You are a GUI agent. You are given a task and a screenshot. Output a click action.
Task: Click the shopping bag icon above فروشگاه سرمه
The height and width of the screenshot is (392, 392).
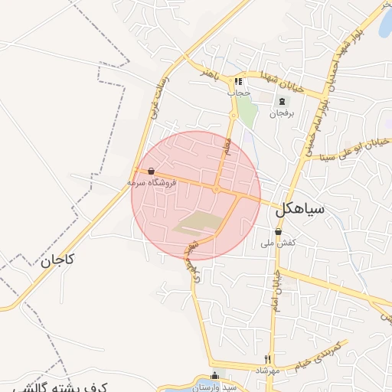[x=151, y=171]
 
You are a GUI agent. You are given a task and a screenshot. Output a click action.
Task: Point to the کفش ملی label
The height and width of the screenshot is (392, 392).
[x=278, y=243]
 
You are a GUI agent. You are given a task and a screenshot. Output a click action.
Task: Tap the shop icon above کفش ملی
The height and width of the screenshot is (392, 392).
[x=278, y=230]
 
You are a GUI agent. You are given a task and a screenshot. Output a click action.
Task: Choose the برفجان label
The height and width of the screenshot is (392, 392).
[x=281, y=113]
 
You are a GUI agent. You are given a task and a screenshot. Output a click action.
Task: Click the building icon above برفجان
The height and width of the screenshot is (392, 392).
[x=282, y=101]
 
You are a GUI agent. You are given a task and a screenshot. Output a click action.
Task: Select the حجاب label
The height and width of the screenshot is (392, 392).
[x=239, y=92]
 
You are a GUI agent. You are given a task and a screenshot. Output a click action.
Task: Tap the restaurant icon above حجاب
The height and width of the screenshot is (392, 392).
[x=239, y=80]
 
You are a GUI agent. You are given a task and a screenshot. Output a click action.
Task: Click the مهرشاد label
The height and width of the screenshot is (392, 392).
[x=268, y=370]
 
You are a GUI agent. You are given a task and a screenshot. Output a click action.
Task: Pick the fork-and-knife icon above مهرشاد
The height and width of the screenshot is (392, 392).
[x=267, y=358]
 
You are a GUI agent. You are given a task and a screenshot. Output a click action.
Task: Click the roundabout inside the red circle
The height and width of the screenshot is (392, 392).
[x=218, y=188]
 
